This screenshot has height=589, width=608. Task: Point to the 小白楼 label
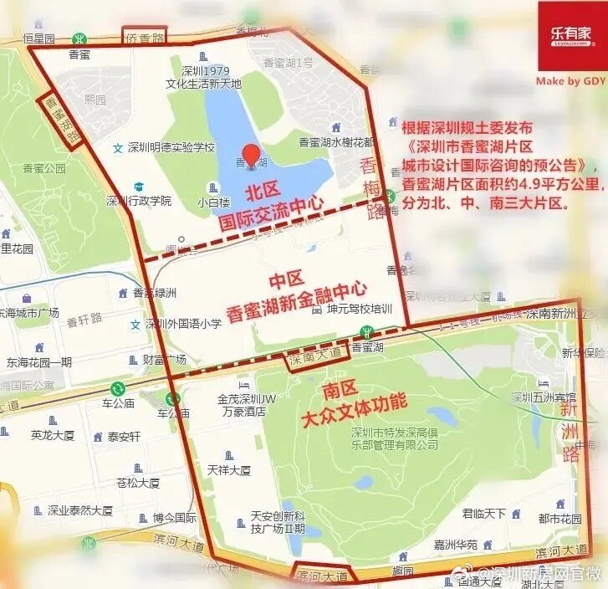click(210, 202)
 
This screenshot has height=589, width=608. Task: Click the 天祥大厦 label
click(228, 470)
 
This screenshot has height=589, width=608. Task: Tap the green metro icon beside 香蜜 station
click(80, 38)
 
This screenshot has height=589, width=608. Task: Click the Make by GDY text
click(570, 81)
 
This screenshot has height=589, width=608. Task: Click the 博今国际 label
click(174, 518)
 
